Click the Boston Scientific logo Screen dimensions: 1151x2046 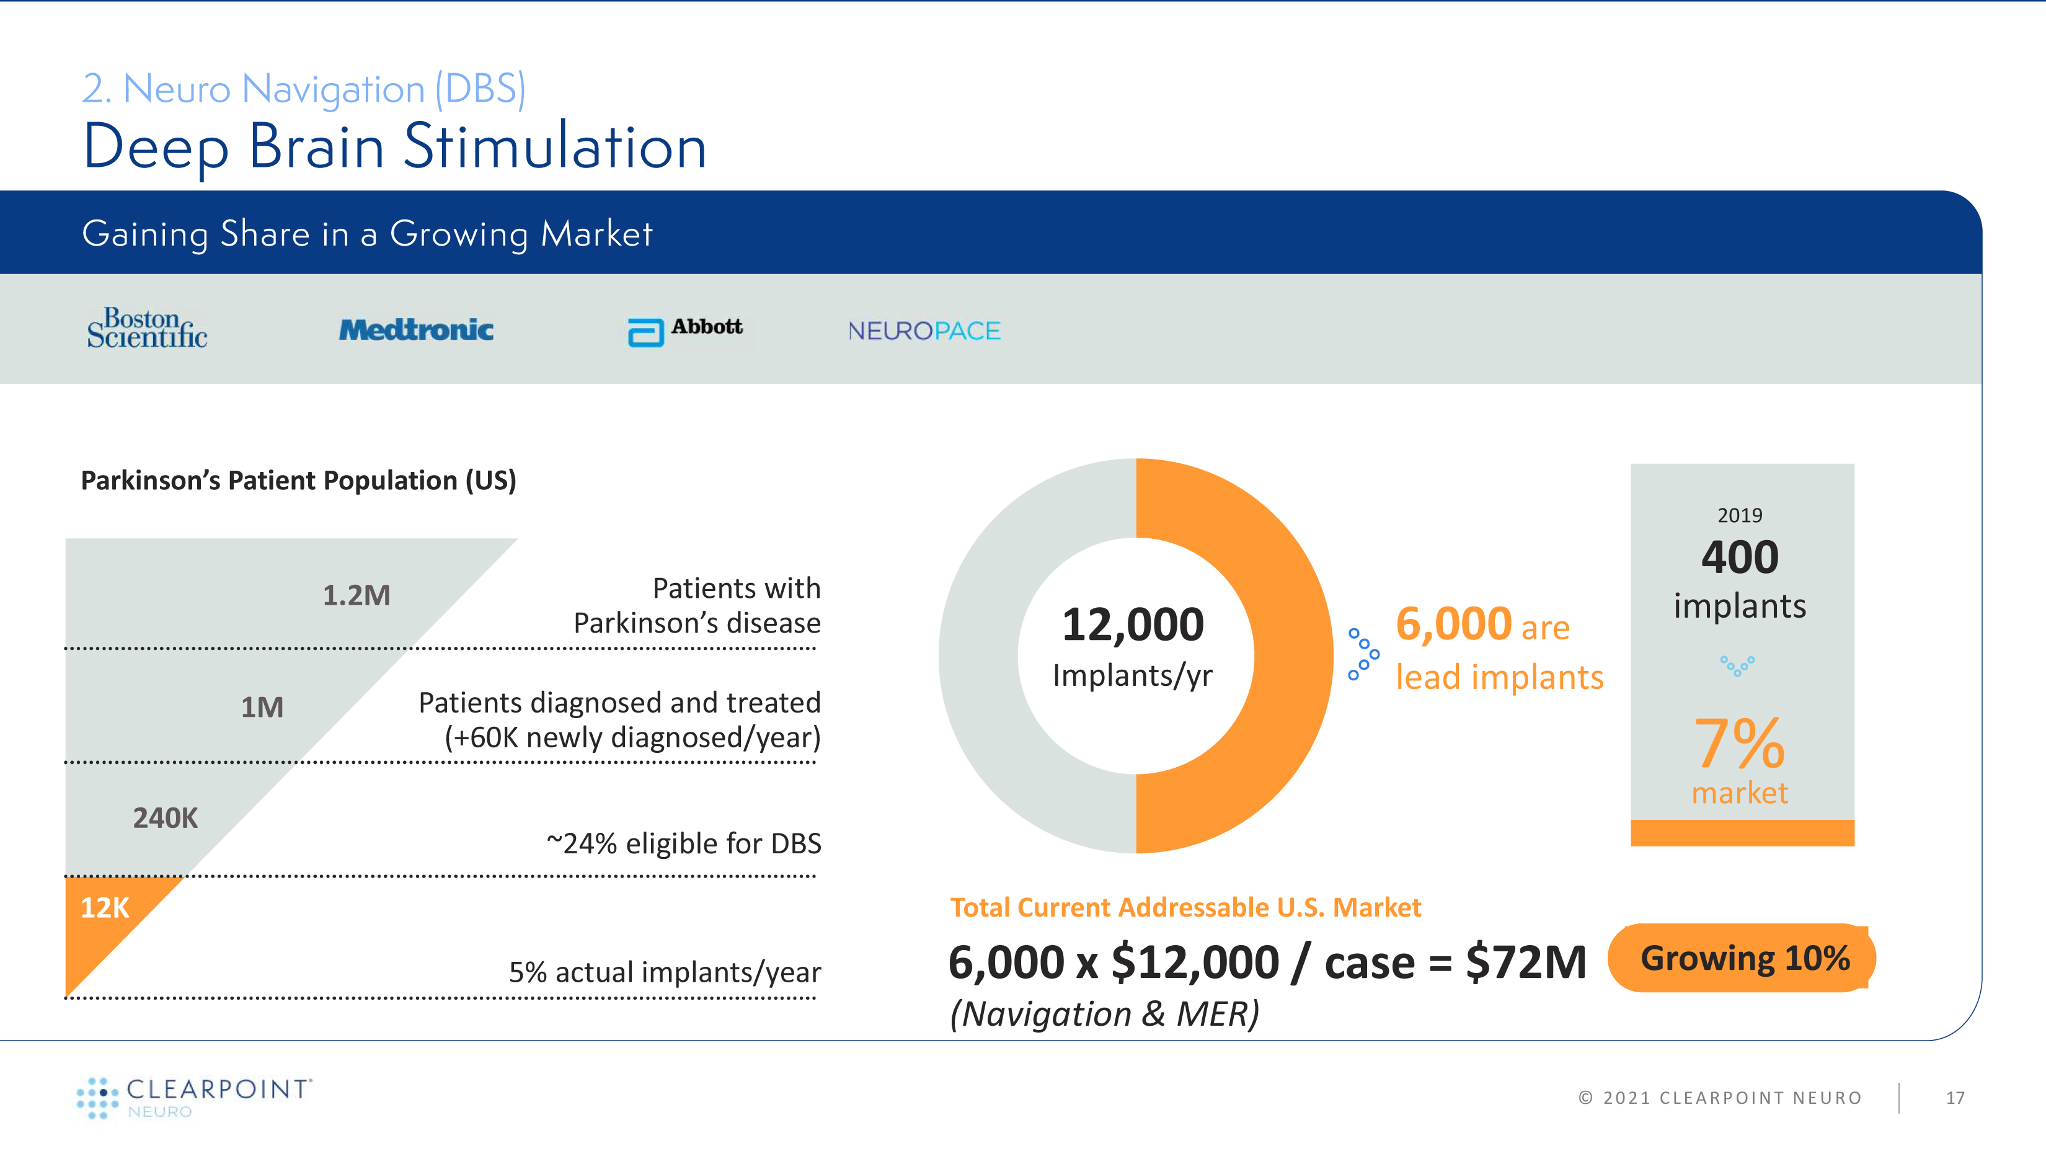coord(147,328)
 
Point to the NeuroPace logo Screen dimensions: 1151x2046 coord(924,331)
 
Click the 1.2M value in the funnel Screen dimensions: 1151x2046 coord(356,595)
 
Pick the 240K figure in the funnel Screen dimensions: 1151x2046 coord(165,817)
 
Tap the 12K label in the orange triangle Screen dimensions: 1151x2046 coord(105,907)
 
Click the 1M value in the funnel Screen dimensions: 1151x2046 coord(262,707)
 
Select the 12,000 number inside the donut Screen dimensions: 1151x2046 coord(1133,624)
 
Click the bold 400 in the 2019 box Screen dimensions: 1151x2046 coord(1740,557)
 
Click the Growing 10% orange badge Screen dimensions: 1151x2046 coord(1743,958)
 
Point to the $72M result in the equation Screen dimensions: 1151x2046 coord(1525,962)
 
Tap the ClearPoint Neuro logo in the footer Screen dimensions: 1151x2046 coord(195,1097)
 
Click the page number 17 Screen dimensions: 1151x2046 coord(1955,1098)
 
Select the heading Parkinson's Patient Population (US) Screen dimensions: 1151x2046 coord(299,481)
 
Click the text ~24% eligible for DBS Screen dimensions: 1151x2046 coord(684,843)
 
